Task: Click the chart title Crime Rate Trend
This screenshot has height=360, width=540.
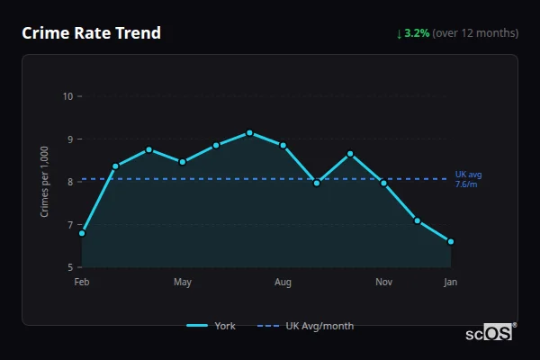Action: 91,33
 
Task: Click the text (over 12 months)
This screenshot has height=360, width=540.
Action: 475,33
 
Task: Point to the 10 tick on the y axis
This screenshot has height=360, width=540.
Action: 67,96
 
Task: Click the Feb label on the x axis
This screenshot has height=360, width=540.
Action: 82,283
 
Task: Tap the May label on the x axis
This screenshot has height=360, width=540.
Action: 183,283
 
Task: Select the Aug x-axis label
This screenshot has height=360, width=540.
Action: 283,283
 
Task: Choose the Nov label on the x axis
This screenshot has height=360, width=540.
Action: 383,283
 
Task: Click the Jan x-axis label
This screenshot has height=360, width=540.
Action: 451,283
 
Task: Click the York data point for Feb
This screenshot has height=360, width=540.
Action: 82,233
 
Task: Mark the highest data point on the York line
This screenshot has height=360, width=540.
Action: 249,133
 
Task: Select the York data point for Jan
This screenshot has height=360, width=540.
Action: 451,241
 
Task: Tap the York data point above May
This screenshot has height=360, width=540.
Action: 183,162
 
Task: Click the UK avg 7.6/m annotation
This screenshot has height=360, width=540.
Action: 468,178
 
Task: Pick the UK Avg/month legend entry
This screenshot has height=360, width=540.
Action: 306,326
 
